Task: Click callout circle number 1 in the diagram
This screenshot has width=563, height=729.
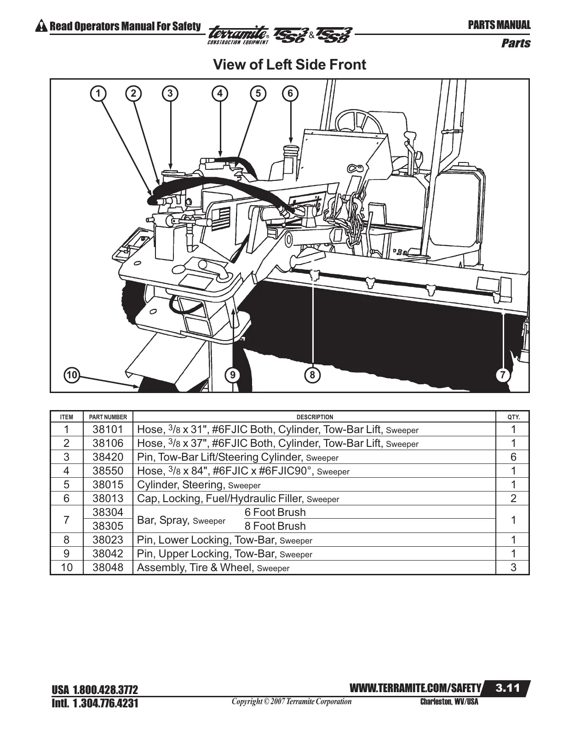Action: click(98, 93)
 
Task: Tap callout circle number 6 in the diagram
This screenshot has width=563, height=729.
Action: click(290, 93)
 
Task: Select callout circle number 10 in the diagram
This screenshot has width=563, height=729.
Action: click(72, 375)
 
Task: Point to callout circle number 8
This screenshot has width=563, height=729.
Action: click(312, 375)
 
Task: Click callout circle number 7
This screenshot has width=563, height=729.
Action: click(503, 375)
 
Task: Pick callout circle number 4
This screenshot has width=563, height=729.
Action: click(220, 93)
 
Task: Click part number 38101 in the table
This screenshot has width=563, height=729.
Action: click(108, 430)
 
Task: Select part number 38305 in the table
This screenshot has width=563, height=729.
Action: click(108, 526)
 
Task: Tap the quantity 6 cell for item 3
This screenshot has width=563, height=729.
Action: click(513, 457)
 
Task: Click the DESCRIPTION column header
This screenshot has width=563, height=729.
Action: click(315, 417)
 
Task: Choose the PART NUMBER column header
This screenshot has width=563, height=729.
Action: click(108, 417)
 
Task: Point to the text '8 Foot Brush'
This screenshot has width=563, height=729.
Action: click(275, 526)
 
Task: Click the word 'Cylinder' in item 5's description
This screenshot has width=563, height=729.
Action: click(157, 485)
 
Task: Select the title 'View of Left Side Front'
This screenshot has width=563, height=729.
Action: click(289, 65)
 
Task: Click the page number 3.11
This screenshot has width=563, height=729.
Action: click(507, 688)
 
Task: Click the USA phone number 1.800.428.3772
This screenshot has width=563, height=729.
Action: click(105, 690)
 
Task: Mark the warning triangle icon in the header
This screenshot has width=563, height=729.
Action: click(41, 26)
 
